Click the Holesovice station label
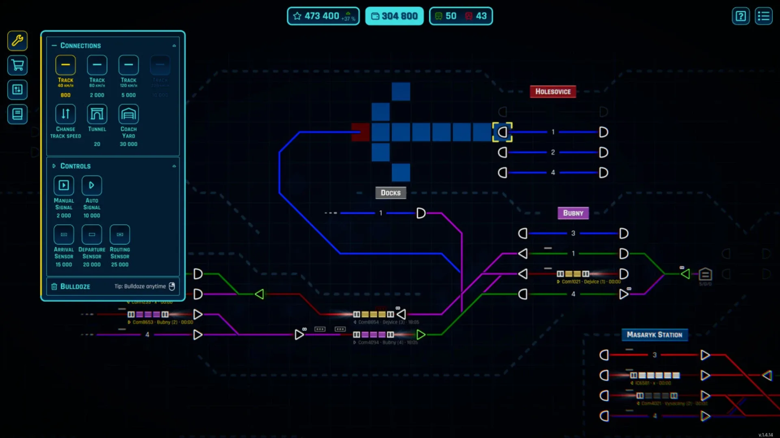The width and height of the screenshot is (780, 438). (x=552, y=92)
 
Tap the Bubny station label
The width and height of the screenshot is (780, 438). (x=573, y=213)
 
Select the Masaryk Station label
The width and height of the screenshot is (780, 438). (x=654, y=335)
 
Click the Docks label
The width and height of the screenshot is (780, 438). (x=390, y=193)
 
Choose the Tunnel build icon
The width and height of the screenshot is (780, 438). (x=97, y=114)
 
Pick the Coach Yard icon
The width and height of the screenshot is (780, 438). (x=128, y=114)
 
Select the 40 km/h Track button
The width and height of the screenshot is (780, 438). (x=65, y=65)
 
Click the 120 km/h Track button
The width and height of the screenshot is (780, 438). (x=128, y=65)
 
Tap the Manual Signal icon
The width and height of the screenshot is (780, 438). (x=64, y=185)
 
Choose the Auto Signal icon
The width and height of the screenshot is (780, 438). (x=92, y=185)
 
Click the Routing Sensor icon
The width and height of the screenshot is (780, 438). (x=120, y=234)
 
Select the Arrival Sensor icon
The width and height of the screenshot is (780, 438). (x=64, y=234)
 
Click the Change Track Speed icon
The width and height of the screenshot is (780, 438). (x=65, y=114)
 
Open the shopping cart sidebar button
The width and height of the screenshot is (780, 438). (x=17, y=65)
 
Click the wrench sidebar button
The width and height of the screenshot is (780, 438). (x=17, y=41)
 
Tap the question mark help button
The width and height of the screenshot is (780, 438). (x=741, y=16)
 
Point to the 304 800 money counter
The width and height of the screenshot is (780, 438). (x=394, y=16)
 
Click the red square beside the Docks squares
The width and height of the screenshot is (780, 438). (x=360, y=132)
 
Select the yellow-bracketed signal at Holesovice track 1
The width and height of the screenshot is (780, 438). (x=503, y=132)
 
